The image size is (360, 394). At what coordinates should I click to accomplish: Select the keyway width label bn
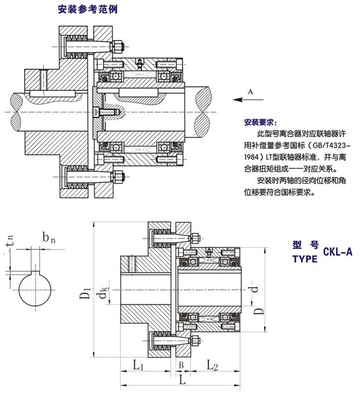(x=50, y=239)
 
